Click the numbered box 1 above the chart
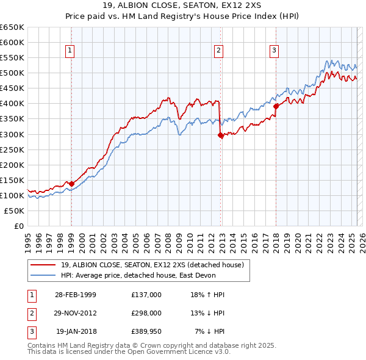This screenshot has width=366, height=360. click(71, 51)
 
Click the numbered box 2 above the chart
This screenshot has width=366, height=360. click(218, 51)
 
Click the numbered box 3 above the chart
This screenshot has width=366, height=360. click(274, 51)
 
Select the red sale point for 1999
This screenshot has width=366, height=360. click(71, 184)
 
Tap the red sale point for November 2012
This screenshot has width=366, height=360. click(220, 136)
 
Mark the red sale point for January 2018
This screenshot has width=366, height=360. click(276, 106)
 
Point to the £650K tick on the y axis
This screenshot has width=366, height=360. click(12, 27)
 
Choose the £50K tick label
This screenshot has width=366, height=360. click(15, 211)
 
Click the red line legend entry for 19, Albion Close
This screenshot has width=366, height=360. click(152, 265)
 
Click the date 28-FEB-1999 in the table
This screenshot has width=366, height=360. click(76, 295)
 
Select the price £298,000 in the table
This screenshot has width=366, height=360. click(146, 313)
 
